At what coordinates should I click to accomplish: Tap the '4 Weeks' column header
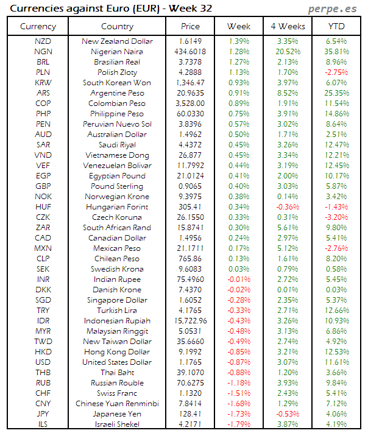(x=288, y=26)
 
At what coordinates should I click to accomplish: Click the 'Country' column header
(x=117, y=26)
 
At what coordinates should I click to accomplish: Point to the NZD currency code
(x=43, y=41)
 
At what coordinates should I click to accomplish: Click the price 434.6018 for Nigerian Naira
(x=190, y=52)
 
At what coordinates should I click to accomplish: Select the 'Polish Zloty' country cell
(x=117, y=72)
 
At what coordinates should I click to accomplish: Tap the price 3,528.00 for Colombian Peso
(x=190, y=104)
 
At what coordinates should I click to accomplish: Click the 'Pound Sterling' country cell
(x=117, y=186)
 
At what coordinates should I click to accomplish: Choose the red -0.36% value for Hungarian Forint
(x=288, y=207)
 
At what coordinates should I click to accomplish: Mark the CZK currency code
(x=43, y=217)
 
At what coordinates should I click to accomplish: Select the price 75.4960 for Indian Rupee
(x=190, y=280)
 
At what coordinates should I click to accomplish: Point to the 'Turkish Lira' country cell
(x=117, y=311)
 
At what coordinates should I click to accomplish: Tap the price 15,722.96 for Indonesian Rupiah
(x=190, y=321)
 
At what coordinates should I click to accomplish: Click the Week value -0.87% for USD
(x=239, y=362)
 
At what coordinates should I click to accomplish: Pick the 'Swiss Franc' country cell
(x=117, y=393)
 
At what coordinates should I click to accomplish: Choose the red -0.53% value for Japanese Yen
(x=288, y=414)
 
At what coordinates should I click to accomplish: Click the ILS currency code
(x=43, y=424)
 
